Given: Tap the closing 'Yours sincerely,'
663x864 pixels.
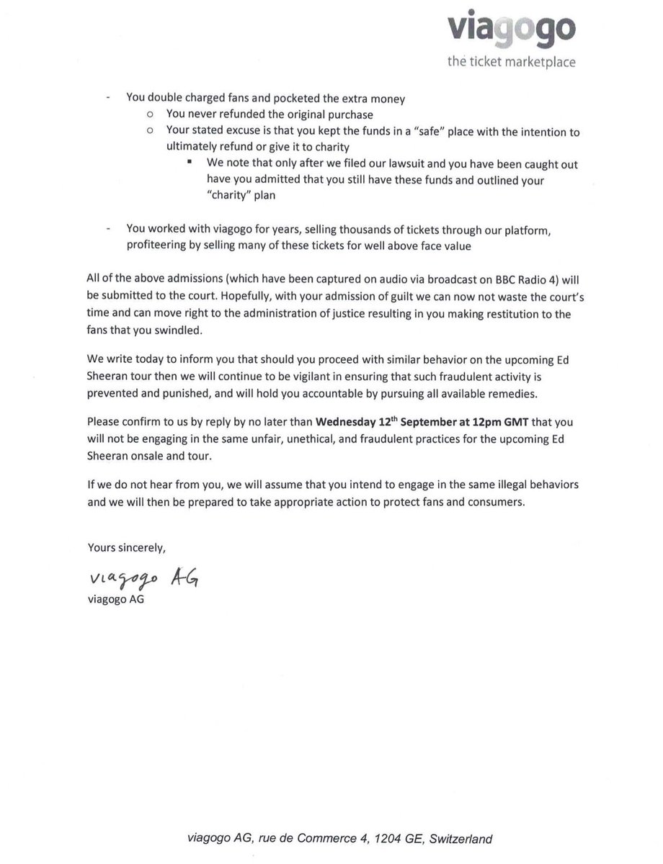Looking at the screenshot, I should coord(127,546).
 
